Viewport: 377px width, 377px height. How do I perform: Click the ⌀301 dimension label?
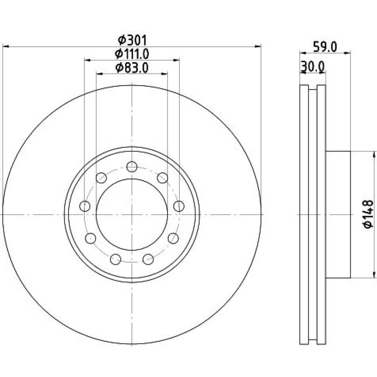pyautogui.click(x=132, y=40)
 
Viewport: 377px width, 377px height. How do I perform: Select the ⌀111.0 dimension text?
pyautogui.click(x=132, y=54)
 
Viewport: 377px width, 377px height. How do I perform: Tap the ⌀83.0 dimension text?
pyautogui.click(x=132, y=67)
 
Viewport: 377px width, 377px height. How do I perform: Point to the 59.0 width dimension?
pyautogui.click(x=325, y=47)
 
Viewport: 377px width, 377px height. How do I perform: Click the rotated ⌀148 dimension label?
pyautogui.click(x=368, y=214)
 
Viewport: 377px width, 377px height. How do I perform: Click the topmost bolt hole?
pyautogui.click(x=132, y=167)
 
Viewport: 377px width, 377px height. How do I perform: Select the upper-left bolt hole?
pyautogui.click(x=101, y=178)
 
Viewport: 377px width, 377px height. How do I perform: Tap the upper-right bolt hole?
pyautogui.click(x=162, y=178)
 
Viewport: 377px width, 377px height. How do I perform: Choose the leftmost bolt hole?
pyautogui.click(x=84, y=206)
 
